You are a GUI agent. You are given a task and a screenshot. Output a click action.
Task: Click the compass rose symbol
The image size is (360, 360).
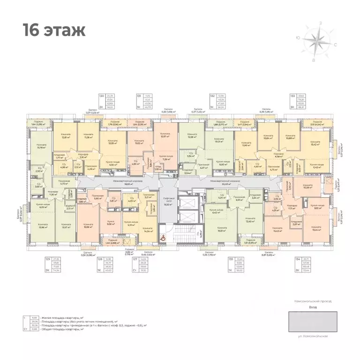tap(321, 43)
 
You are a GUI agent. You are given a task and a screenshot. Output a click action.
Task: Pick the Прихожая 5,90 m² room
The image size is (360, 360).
tap(97, 197)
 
